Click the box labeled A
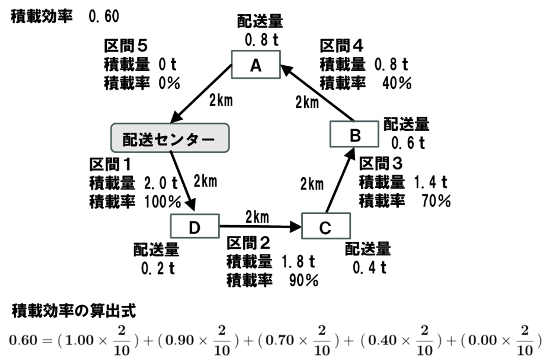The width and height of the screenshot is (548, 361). [x=255, y=65]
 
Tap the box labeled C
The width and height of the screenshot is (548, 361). [x=325, y=227]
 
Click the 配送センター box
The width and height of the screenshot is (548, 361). [x=169, y=138]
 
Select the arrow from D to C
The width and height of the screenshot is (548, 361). [x=260, y=226]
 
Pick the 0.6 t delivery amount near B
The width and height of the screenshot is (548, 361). [x=408, y=143]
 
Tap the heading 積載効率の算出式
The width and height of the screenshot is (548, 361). [x=73, y=312]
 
